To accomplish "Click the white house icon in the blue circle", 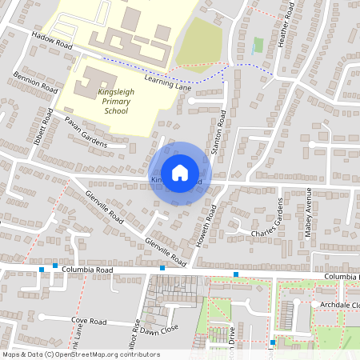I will [180, 172].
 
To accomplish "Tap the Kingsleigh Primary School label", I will [112, 102].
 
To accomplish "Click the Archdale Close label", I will [340, 304].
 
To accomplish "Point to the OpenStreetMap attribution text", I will [80, 354].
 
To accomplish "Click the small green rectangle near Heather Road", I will [257, 46].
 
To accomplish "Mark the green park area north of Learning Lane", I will [198, 44].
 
